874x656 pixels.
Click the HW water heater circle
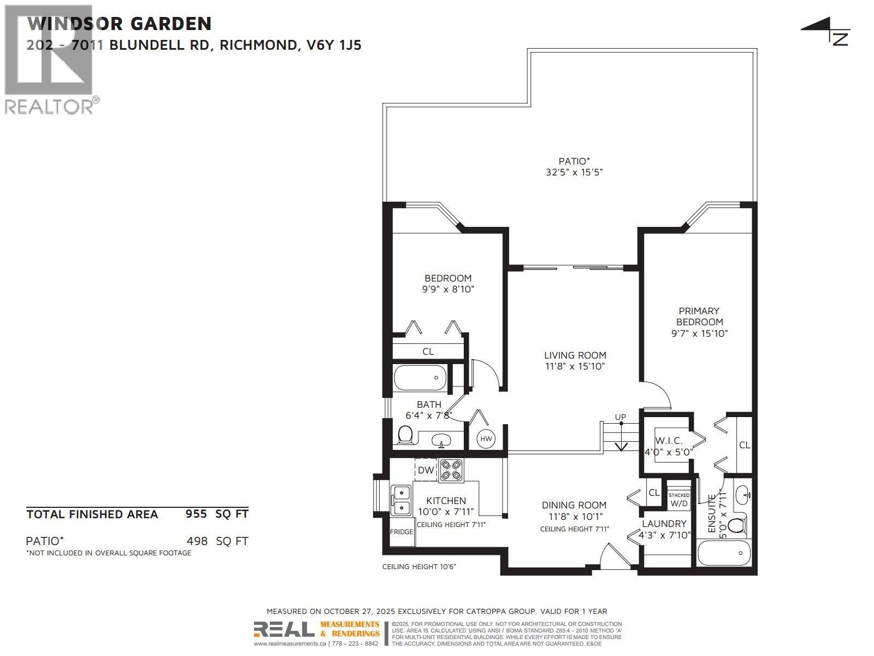click(x=486, y=438)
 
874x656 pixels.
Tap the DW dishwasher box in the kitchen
click(x=426, y=470)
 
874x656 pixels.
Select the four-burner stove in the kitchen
click(x=451, y=470)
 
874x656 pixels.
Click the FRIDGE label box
click(x=401, y=532)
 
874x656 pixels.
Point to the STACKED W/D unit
click(x=679, y=499)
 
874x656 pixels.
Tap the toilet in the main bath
click(x=405, y=436)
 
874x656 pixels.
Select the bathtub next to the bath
click(x=420, y=378)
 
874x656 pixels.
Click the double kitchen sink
click(x=401, y=500)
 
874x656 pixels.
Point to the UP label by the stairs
click(x=621, y=417)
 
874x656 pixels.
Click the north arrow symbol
click(x=828, y=31)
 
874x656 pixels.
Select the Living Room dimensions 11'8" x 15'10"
click(x=575, y=366)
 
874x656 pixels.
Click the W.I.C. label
click(x=666, y=441)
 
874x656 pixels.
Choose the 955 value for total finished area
click(x=197, y=514)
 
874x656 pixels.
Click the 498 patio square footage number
click(x=197, y=541)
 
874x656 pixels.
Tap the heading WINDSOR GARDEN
click(x=119, y=24)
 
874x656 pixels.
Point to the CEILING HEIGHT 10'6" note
click(x=419, y=566)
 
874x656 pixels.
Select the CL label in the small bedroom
click(x=428, y=352)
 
